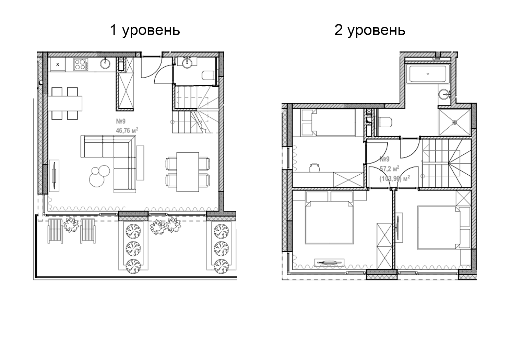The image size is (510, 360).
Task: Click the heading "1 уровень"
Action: (x=145, y=31)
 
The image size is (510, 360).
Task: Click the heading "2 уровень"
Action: (x=370, y=31)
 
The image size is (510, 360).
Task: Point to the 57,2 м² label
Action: (x=389, y=169)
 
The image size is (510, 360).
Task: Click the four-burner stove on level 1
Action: (x=81, y=64)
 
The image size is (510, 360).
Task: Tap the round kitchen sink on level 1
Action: (x=105, y=63)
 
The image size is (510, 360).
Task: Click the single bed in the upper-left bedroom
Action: (x=329, y=122)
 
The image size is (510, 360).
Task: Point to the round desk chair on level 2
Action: (x=314, y=167)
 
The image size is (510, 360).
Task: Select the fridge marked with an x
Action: (x=58, y=64)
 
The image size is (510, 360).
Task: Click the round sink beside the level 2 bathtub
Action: (x=444, y=93)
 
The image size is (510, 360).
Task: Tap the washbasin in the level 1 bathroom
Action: (x=187, y=62)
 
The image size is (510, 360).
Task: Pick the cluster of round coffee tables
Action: (x=99, y=174)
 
